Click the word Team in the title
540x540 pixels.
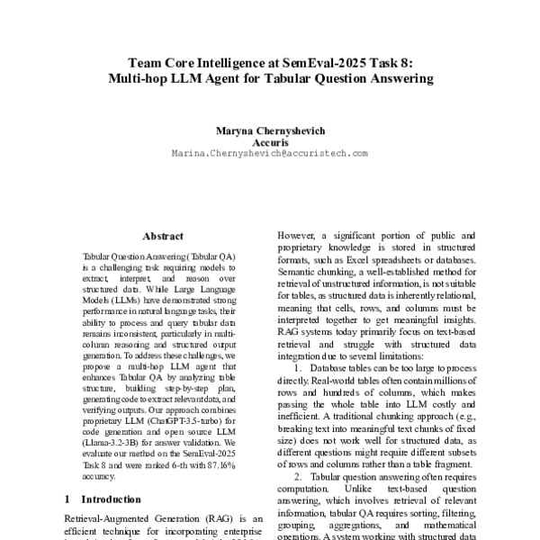pyautogui.click(x=146, y=62)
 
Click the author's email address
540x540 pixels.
pyautogui.click(x=269, y=154)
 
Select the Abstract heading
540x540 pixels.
pyautogui.click(x=163, y=236)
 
